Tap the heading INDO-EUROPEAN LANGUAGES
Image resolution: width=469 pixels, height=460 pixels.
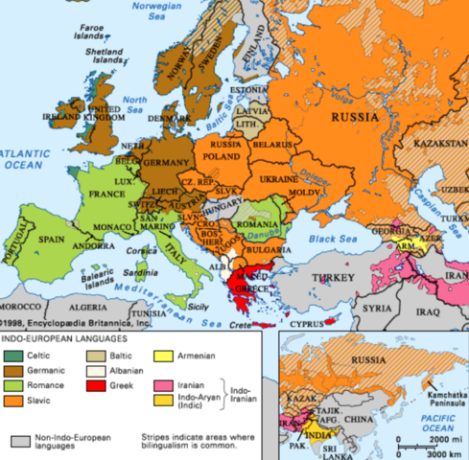(x=64, y=339)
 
